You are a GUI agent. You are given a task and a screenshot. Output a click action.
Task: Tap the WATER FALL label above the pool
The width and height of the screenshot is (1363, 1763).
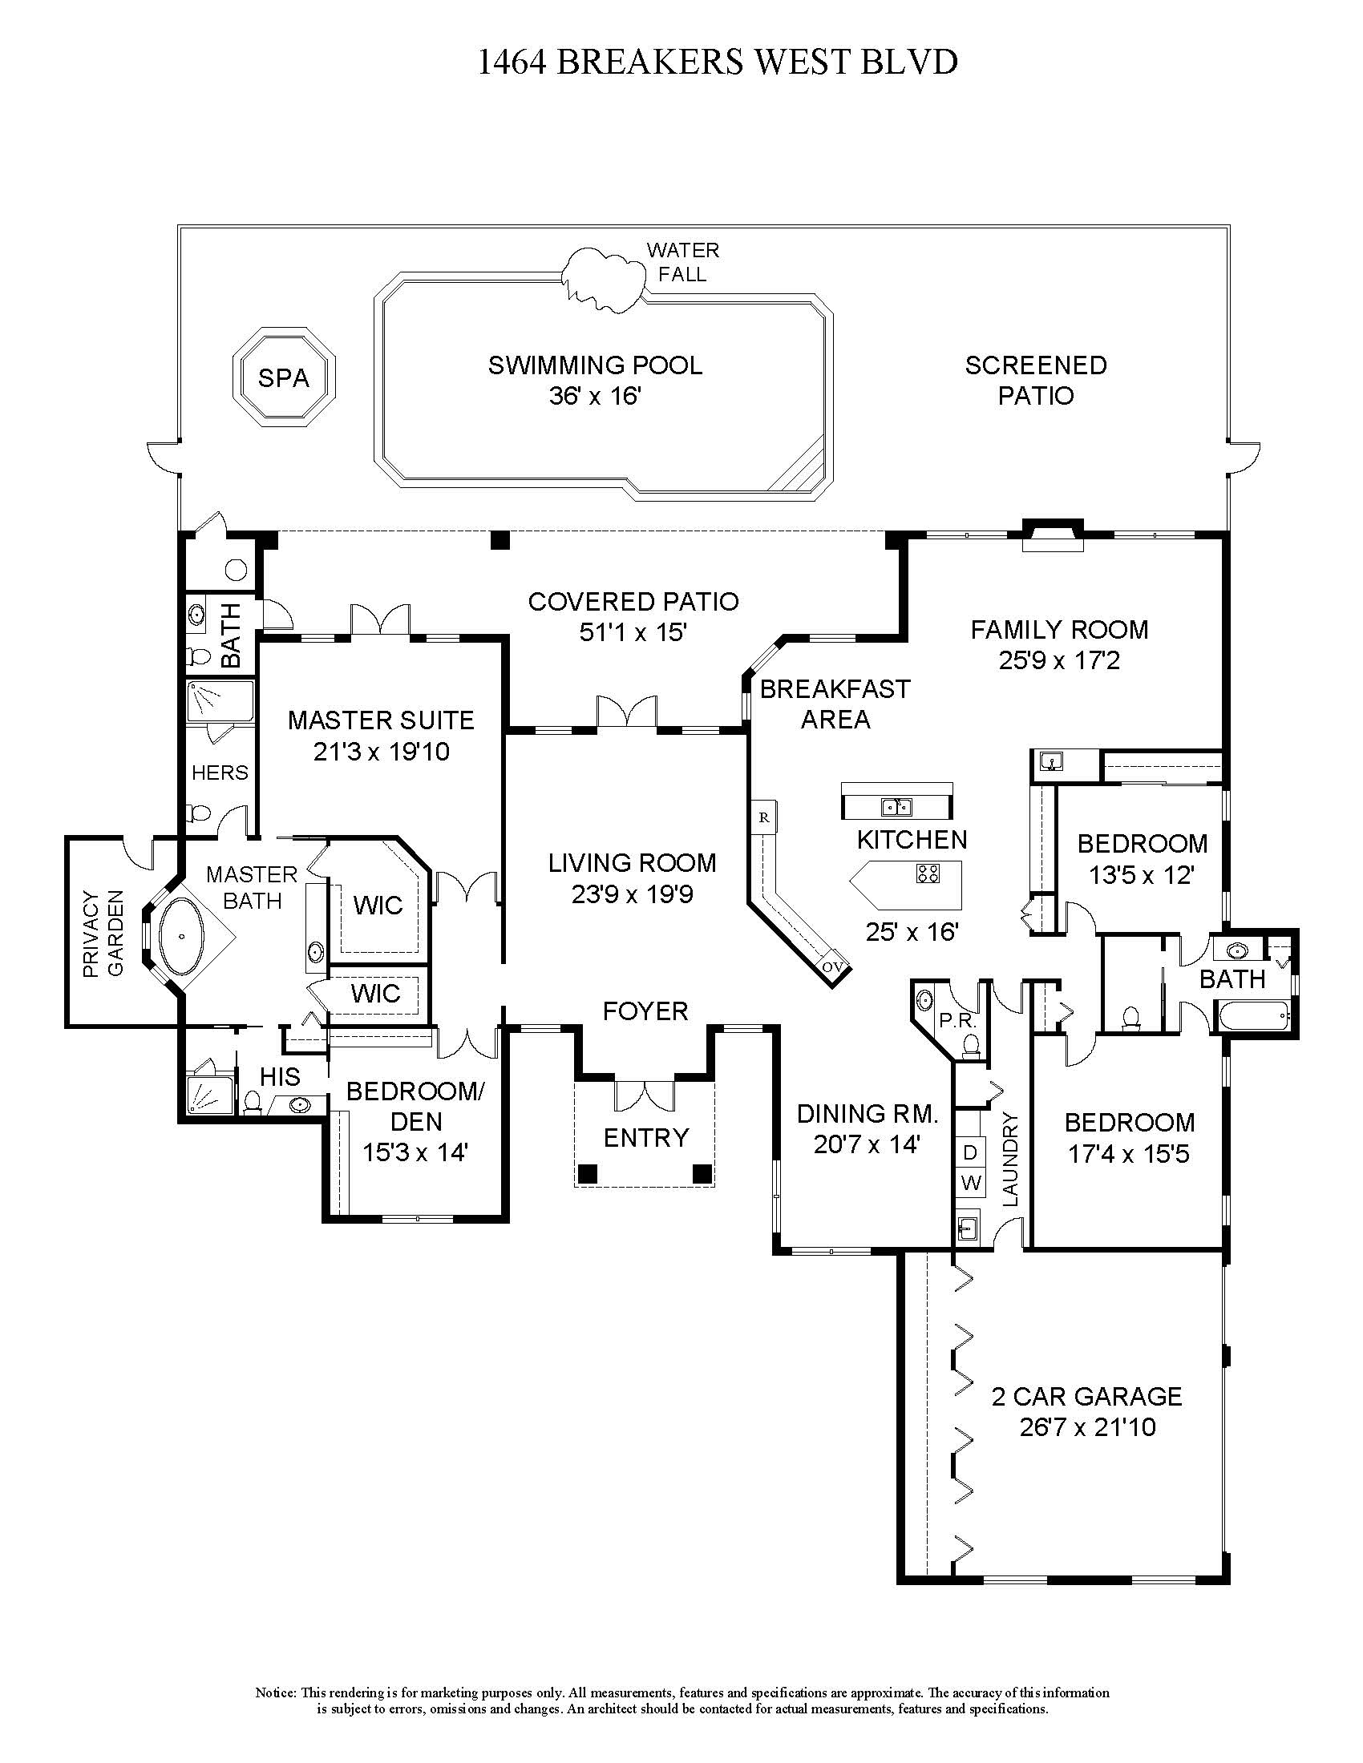(x=682, y=262)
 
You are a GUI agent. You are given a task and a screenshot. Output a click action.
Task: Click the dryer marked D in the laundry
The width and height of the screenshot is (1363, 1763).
(x=971, y=1151)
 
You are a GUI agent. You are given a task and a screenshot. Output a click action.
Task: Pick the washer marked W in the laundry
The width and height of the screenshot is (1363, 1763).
(x=972, y=1184)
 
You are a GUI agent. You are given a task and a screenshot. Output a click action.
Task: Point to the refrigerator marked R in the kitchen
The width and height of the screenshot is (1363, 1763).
(x=763, y=817)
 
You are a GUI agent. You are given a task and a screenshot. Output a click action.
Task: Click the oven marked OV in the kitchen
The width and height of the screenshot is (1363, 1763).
(x=831, y=966)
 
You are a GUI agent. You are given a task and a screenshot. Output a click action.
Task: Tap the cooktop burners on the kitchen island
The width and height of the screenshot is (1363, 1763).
(x=928, y=873)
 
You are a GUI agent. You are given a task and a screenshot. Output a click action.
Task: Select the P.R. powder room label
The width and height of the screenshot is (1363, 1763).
(x=957, y=1020)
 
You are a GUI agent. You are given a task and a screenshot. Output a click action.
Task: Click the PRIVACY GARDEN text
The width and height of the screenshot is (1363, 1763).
(x=103, y=933)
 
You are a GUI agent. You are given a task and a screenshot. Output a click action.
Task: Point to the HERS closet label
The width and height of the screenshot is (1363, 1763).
(x=220, y=773)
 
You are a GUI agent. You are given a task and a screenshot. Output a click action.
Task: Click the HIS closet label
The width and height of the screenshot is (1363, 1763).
(x=280, y=1076)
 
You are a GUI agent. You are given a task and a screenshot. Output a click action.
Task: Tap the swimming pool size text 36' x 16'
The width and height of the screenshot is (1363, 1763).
(x=594, y=397)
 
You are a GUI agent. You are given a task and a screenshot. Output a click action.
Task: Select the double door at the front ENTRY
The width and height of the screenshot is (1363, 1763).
(x=645, y=1095)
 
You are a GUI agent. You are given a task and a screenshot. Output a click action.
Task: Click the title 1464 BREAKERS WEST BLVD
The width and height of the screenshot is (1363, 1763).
(x=718, y=63)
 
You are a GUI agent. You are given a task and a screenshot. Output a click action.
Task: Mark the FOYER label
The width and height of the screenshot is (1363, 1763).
(x=645, y=1011)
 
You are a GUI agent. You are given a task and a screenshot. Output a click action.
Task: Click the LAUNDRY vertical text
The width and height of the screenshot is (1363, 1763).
(x=1011, y=1160)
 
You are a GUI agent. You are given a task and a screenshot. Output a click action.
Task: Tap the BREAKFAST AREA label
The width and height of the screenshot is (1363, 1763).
(x=835, y=704)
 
